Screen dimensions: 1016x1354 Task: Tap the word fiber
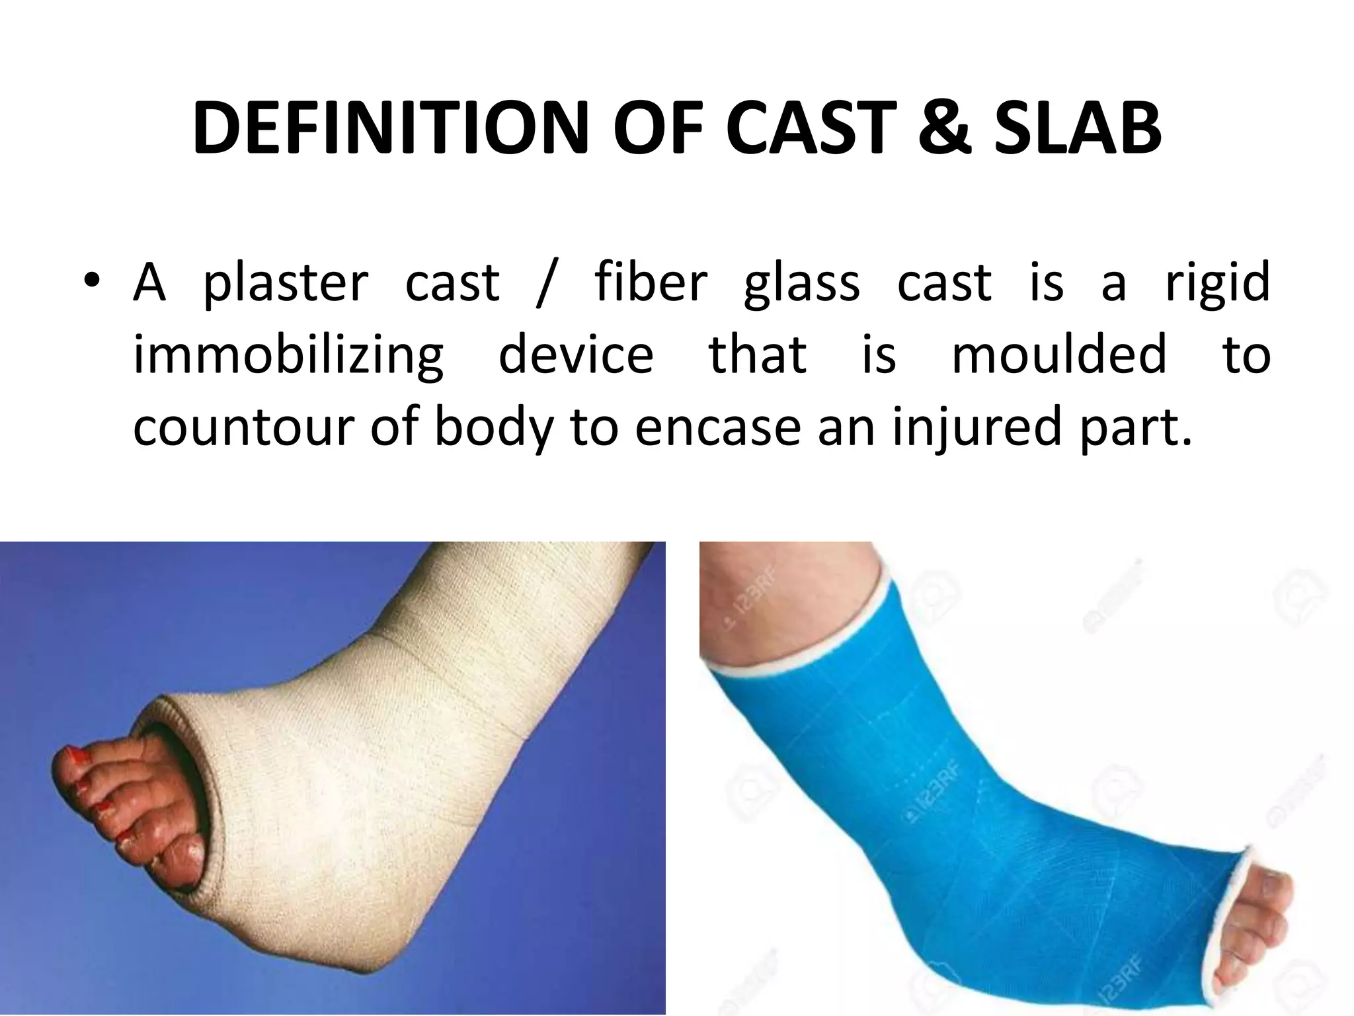pyautogui.click(x=651, y=283)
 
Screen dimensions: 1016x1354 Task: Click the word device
pyautogui.click(x=576, y=355)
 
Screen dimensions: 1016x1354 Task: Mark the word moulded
pyautogui.click(x=1059, y=355)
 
